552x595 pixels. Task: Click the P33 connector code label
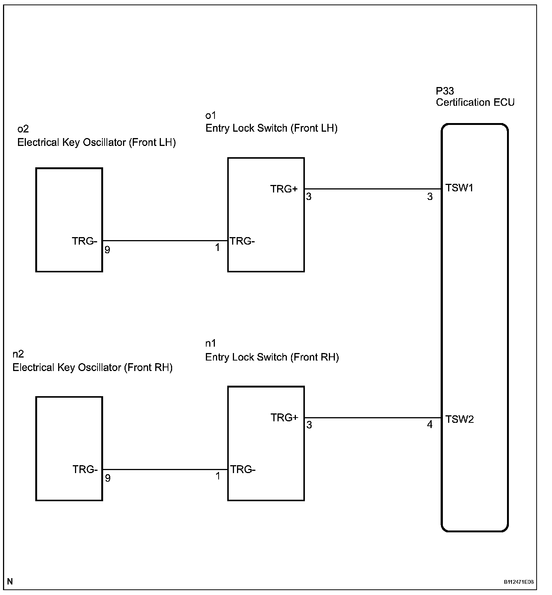[x=445, y=91]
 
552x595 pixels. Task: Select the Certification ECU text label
[x=475, y=102]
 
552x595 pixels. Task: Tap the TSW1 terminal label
[x=459, y=188]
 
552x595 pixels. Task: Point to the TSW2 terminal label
[x=459, y=419]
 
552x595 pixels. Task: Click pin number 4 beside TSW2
[x=430, y=425]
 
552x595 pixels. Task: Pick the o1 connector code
[x=211, y=115]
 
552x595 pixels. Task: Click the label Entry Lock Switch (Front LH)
[x=271, y=128]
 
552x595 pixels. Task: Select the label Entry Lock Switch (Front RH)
[x=272, y=357]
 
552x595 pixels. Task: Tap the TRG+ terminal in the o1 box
[x=284, y=189]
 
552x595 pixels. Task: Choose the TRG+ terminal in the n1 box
[x=284, y=418]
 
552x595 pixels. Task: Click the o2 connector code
[x=23, y=129]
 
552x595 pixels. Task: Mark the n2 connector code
[x=18, y=354]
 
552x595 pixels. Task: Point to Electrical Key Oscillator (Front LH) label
[x=96, y=143]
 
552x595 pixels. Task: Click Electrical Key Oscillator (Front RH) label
[x=92, y=368]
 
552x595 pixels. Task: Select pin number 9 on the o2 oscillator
[x=108, y=250]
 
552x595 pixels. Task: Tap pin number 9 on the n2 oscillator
[x=108, y=478]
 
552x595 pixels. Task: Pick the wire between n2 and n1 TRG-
[x=165, y=469]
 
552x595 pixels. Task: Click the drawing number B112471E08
[x=518, y=582]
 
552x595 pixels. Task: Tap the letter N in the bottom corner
[x=10, y=582]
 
